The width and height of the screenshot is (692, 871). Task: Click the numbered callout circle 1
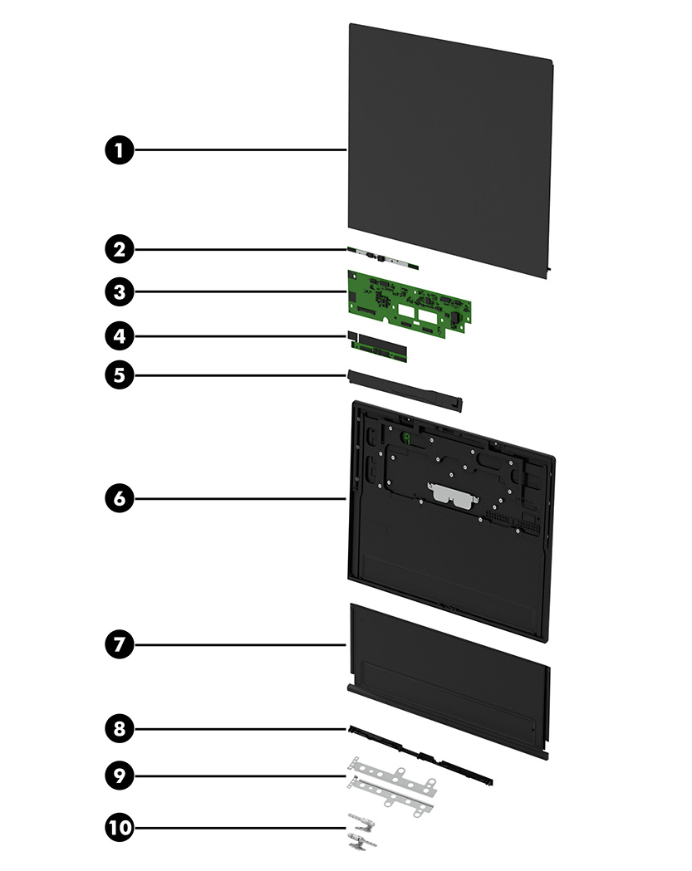click(x=120, y=150)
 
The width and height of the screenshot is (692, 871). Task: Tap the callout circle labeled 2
click(x=120, y=247)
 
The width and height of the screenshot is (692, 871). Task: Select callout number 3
click(x=120, y=291)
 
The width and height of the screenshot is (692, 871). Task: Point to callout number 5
click(x=120, y=374)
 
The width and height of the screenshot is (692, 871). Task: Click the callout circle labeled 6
click(x=120, y=498)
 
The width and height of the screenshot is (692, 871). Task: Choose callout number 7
click(x=120, y=643)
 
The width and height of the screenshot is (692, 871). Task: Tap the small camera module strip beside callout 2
click(x=385, y=258)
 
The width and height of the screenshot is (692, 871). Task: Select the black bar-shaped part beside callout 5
click(x=407, y=390)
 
